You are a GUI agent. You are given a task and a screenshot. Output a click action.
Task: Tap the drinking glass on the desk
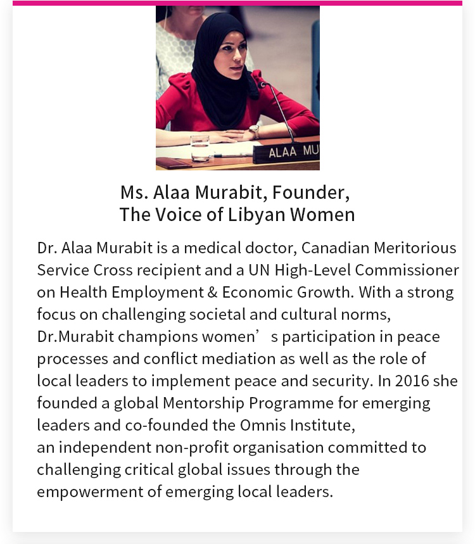coord(199,148)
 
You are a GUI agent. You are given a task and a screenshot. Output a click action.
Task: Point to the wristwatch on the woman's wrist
coord(254,131)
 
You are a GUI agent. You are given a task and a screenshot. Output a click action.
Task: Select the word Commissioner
coord(407,270)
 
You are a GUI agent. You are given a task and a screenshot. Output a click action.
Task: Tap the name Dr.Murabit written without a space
coord(75,337)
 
